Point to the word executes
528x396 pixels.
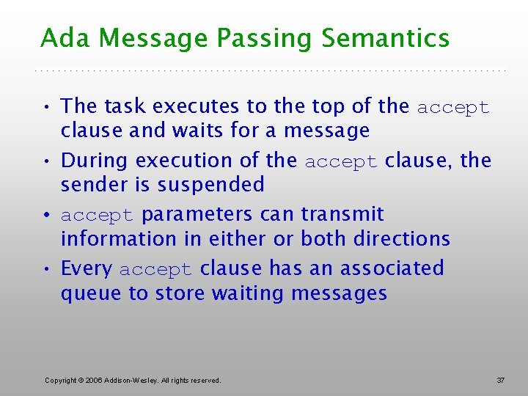tap(197, 106)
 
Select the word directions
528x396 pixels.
tap(401, 239)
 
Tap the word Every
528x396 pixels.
tap(87, 269)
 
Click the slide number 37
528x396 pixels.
tap(501, 380)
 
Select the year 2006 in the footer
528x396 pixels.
tap(95, 380)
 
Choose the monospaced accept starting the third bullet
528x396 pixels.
tap(97, 216)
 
